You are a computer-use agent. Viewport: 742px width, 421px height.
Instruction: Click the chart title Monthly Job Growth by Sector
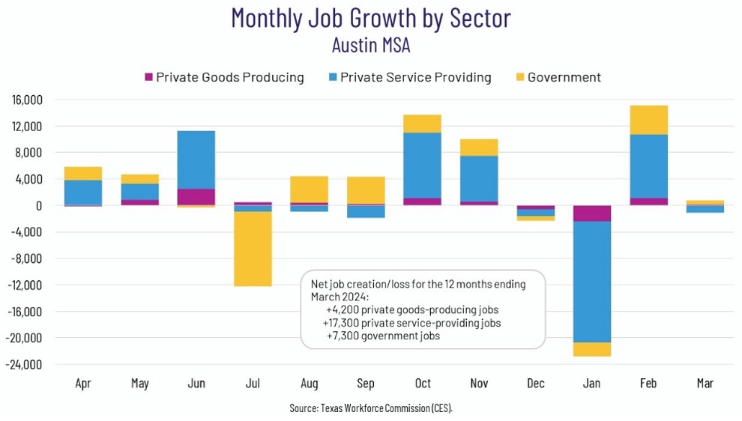point(371,17)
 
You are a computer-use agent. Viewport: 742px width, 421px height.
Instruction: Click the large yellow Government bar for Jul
point(253,249)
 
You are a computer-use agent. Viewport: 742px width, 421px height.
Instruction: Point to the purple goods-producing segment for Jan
point(591,213)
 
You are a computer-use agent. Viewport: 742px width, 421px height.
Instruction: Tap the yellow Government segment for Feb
point(648,120)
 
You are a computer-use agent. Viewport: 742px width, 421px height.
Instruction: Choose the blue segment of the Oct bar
point(422,165)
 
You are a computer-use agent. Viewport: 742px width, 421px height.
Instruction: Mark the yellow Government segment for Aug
point(309,189)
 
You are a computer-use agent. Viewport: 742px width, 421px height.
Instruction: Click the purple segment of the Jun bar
point(196,196)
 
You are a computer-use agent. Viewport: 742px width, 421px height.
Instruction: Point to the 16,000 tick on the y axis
point(27,100)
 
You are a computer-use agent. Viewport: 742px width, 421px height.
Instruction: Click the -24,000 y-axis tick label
point(25,365)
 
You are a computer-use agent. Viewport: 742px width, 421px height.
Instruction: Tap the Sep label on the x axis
point(365,384)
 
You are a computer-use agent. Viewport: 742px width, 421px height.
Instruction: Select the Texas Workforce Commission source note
point(371,408)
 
